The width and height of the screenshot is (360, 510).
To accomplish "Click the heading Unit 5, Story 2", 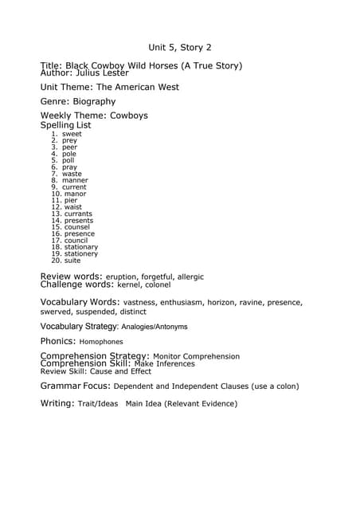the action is coord(180,48).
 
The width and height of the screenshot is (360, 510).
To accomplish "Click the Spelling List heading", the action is coord(65,125).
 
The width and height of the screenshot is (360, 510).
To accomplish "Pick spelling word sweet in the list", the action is coord(72,134).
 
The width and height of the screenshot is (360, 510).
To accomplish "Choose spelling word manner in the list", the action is coord(75,181).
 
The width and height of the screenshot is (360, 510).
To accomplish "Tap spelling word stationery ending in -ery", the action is coord(81,254).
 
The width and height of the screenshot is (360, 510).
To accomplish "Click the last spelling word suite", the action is coord(72,261).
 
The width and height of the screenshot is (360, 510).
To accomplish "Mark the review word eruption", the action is coord(123,277).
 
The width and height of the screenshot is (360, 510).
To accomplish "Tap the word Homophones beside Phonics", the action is coord(101,341).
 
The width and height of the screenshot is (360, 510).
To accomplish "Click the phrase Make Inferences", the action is coord(164,364).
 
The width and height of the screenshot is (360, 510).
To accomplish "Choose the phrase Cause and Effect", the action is coord(119,371).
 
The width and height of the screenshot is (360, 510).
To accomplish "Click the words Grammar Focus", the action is coord(75,386).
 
